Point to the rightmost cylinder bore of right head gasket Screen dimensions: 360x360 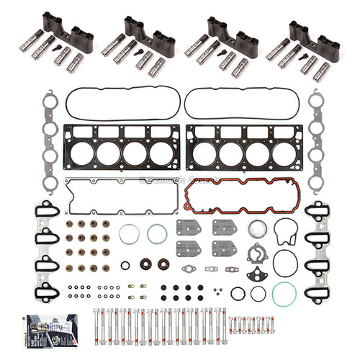[x=286, y=153]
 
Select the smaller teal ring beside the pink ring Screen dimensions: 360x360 [x=157, y=234]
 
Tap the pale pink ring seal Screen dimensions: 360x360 [x=130, y=234]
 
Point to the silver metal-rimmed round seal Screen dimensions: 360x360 [x=257, y=229]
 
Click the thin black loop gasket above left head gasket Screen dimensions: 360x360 [x=119, y=104]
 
